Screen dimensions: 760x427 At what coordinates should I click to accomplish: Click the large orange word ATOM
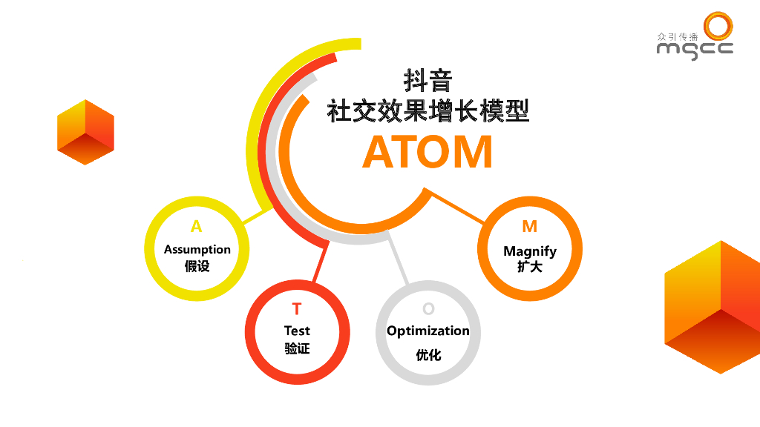(x=427, y=152)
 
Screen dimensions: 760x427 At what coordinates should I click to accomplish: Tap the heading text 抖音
(x=427, y=80)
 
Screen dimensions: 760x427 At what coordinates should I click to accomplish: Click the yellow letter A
(x=196, y=227)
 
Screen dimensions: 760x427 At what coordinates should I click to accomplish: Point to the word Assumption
(x=197, y=249)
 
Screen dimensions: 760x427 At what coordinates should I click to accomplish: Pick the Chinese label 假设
(x=197, y=266)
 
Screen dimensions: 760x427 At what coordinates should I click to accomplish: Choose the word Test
(x=297, y=331)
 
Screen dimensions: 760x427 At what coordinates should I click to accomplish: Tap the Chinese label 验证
(x=297, y=348)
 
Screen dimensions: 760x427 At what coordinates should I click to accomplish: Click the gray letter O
(x=428, y=309)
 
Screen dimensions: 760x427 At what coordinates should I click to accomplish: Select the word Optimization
(x=428, y=331)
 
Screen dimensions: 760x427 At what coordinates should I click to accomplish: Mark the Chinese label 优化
(x=428, y=355)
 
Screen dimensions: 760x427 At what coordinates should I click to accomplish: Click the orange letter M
(x=529, y=227)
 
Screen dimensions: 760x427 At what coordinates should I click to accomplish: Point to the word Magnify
(x=530, y=251)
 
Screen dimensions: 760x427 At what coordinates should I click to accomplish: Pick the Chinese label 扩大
(x=530, y=266)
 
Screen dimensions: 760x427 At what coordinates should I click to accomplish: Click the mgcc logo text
(x=695, y=49)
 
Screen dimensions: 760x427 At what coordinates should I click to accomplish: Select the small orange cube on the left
(x=85, y=132)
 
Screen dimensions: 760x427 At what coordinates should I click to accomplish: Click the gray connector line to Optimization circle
(x=399, y=259)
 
